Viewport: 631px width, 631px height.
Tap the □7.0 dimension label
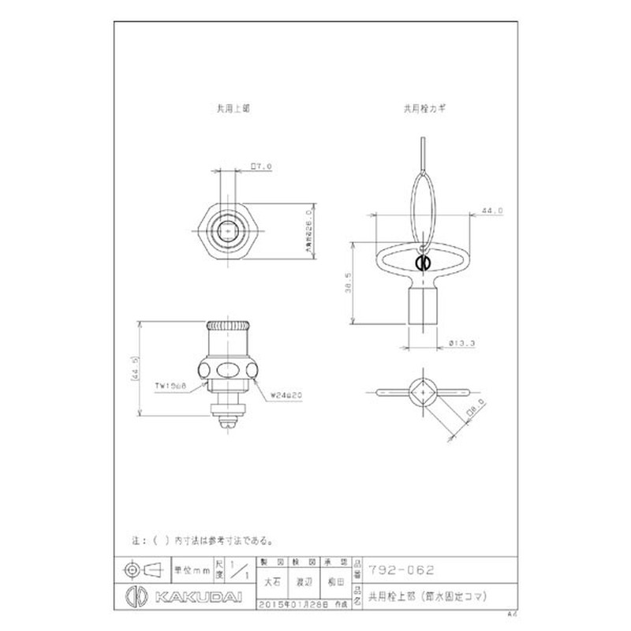point(261,166)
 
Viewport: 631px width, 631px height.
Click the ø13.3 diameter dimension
point(460,343)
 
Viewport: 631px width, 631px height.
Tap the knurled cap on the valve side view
point(227,326)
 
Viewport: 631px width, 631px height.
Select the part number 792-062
point(401,569)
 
